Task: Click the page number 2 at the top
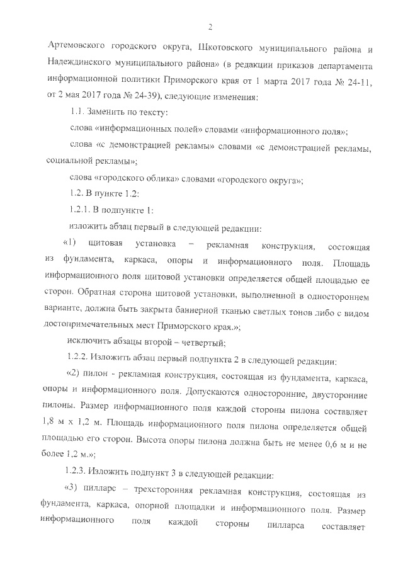click(x=209, y=26)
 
